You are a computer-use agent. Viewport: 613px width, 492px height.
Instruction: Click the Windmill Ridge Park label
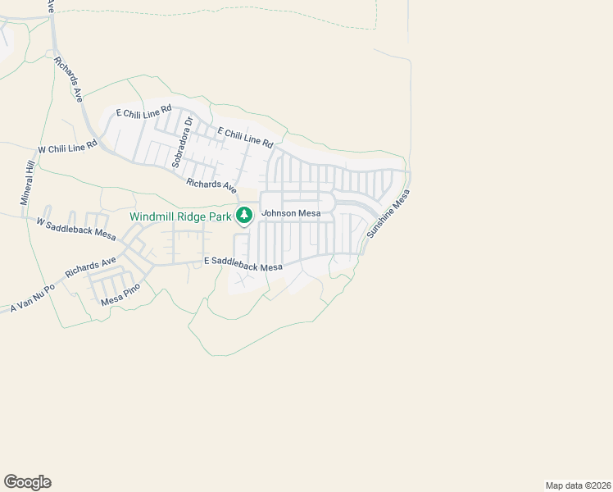(180, 216)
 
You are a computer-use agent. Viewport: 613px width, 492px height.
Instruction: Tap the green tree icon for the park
(243, 216)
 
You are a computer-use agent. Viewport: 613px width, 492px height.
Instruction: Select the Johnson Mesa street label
(285, 214)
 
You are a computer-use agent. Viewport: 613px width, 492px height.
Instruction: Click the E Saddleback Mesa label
(243, 264)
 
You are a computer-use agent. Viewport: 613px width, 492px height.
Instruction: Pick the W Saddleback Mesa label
(76, 227)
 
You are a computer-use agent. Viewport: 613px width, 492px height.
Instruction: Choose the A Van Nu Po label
(33, 298)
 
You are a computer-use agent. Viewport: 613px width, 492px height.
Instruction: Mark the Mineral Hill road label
(28, 182)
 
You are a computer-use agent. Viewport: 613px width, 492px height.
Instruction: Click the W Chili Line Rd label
(68, 148)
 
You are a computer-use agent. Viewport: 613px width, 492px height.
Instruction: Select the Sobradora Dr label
(182, 143)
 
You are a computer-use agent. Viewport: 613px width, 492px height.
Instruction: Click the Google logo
(27, 482)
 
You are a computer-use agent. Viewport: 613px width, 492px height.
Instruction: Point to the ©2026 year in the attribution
(596, 485)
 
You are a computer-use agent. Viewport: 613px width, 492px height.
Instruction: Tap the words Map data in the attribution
(565, 485)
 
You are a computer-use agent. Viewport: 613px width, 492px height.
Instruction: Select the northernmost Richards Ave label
(69, 79)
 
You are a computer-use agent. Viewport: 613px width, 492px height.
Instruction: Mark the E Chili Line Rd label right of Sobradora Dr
(245, 138)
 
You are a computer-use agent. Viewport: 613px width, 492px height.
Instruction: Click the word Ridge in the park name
(193, 216)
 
